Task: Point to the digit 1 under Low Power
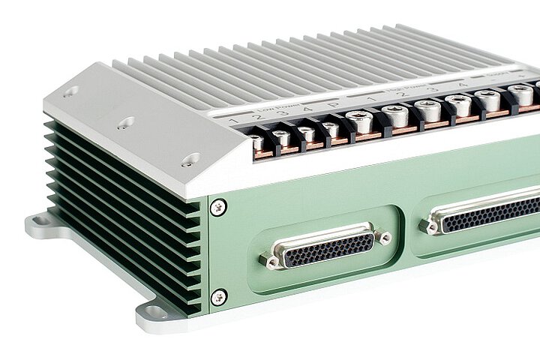click(235, 121)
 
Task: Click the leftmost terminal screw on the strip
click(257, 139)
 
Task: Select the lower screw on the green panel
click(218, 298)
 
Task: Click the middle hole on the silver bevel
click(127, 121)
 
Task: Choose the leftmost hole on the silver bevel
click(70, 92)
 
